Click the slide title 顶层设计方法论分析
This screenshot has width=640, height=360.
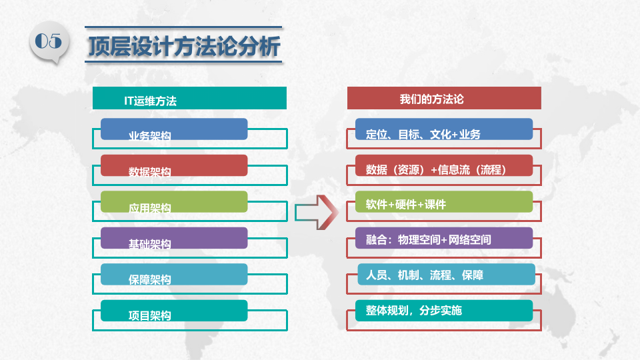pos(183,47)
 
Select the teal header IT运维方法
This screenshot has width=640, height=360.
pos(189,100)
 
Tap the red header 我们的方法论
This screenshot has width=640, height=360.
pos(443,99)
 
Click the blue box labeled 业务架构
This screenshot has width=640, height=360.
pos(174,129)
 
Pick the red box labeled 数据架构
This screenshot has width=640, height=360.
pos(174,165)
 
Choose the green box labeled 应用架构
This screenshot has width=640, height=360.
pos(174,202)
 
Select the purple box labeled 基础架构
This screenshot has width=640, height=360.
pos(174,238)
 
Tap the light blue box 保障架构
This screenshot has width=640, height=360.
pos(174,274)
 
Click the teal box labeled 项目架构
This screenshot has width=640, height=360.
pos(174,311)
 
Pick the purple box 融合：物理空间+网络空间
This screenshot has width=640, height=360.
pos(443,238)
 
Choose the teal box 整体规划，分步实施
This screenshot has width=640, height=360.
pos(443,310)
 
